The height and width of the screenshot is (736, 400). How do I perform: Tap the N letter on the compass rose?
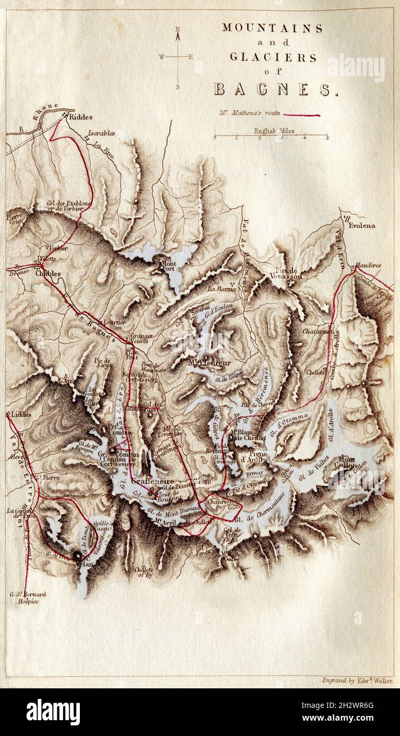click(178, 30)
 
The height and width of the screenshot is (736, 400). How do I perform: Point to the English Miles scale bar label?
click(274, 131)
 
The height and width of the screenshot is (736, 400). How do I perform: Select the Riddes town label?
click(80, 117)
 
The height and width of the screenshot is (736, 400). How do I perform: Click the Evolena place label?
click(361, 226)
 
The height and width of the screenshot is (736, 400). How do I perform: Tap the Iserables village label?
click(101, 133)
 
